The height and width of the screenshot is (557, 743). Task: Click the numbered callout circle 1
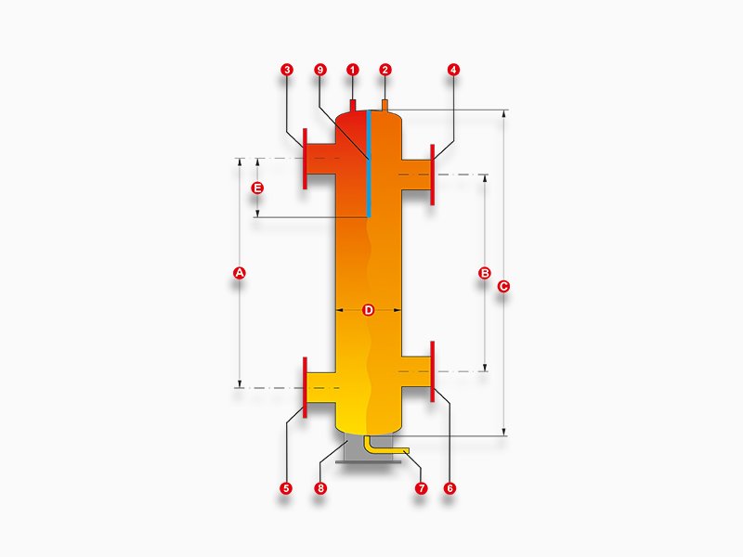[x=352, y=70]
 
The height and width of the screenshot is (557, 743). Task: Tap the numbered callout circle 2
[x=385, y=70]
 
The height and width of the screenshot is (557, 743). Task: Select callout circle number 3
[x=287, y=70]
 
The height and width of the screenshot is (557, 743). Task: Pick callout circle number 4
[x=453, y=70]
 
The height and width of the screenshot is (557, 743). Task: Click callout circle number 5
[x=286, y=488]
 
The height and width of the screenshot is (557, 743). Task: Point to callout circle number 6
[x=450, y=488]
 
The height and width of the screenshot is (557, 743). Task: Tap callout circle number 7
[x=421, y=488]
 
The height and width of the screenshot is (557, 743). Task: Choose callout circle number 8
[x=320, y=488]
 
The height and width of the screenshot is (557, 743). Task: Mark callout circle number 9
[x=320, y=70]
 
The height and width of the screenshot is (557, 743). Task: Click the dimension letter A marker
[x=240, y=273]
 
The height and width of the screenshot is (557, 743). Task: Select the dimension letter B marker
[x=485, y=273]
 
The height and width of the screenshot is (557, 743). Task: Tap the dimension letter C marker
[x=503, y=286]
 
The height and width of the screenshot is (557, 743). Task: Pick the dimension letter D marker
[x=368, y=310]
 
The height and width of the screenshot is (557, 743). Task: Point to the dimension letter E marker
[x=257, y=188]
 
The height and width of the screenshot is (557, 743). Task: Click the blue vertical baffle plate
[x=369, y=163]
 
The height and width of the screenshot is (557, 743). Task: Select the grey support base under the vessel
[x=368, y=452]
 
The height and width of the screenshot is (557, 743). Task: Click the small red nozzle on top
[x=353, y=105]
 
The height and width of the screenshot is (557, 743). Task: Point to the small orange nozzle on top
[x=385, y=105]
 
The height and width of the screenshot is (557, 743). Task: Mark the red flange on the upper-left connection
[x=305, y=159]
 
